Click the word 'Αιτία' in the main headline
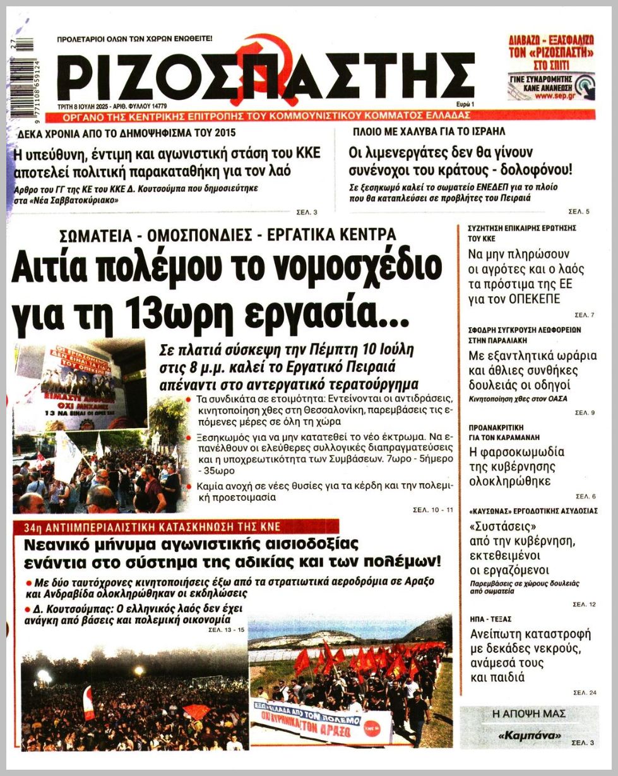click(x=60, y=268)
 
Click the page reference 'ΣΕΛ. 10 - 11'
click(x=432, y=509)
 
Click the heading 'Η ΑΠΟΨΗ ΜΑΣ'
click(x=529, y=714)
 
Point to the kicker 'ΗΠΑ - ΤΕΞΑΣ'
click(x=490, y=619)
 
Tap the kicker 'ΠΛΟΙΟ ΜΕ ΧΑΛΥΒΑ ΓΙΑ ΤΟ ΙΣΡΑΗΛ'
click(x=429, y=132)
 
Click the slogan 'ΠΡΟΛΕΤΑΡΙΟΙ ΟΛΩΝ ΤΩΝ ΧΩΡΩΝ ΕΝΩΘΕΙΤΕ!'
click(x=134, y=39)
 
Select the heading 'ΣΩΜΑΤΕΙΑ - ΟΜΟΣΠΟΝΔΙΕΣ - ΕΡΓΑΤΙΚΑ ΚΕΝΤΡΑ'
click(x=227, y=235)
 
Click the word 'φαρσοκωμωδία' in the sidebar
click(x=516, y=452)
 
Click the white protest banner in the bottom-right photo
click(x=320, y=718)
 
